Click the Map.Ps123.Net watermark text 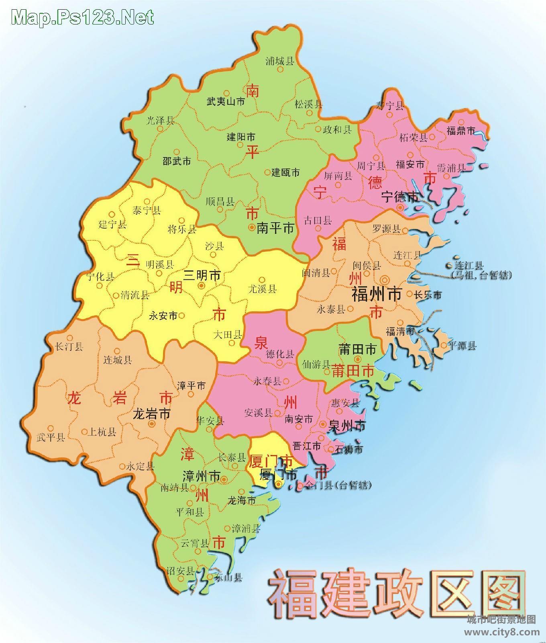coord(83,17)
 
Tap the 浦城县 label coord(280,61)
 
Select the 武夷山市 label coord(226,101)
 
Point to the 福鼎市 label coord(461,131)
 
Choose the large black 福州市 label coord(377,295)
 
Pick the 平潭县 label coord(462,346)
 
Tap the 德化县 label coord(280,354)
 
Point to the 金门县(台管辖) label coord(338,485)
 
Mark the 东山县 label coord(228,578)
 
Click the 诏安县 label coord(181,571)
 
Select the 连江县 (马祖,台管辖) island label coord(481,270)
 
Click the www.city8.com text coord(502,632)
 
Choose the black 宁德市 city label coord(400,197)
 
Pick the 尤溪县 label coord(263,289)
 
